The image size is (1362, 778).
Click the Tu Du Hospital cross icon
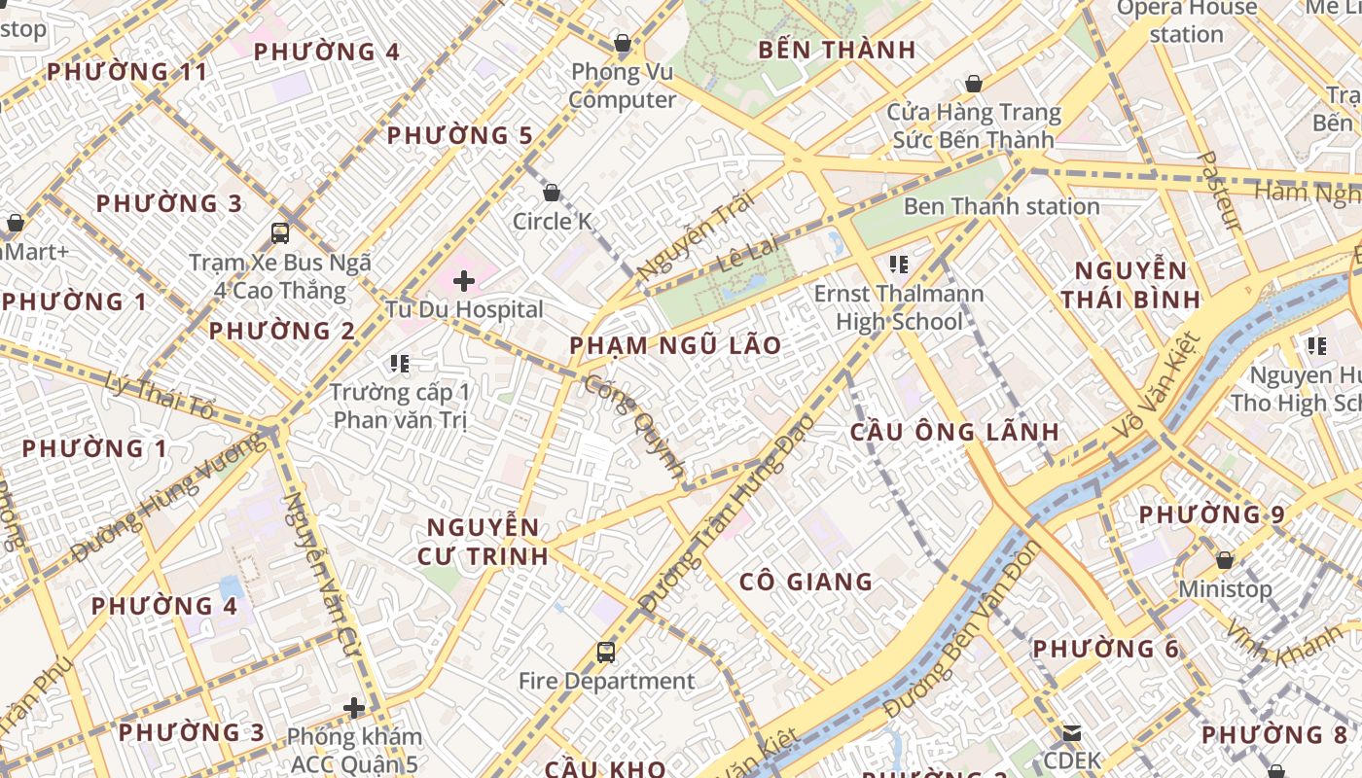(x=464, y=282)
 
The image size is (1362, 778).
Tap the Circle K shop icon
(x=552, y=194)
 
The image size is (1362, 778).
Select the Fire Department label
(x=606, y=681)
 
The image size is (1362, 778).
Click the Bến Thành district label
(x=837, y=50)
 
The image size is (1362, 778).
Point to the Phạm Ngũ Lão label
(x=675, y=345)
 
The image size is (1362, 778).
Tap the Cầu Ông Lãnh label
(x=954, y=432)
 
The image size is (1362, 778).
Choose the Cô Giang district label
(x=806, y=582)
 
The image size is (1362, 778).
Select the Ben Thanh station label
(x=1001, y=206)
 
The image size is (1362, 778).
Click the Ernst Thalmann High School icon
(x=898, y=265)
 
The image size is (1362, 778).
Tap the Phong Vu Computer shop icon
(x=623, y=44)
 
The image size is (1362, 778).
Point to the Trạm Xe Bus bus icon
(x=280, y=233)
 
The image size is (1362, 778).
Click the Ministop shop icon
(x=1225, y=561)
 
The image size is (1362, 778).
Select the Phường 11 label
(x=127, y=72)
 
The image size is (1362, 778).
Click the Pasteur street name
(x=1218, y=191)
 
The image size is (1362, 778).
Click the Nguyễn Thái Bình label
(x=1130, y=284)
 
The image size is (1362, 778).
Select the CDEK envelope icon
(x=1072, y=733)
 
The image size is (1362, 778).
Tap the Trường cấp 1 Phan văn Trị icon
(x=399, y=364)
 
